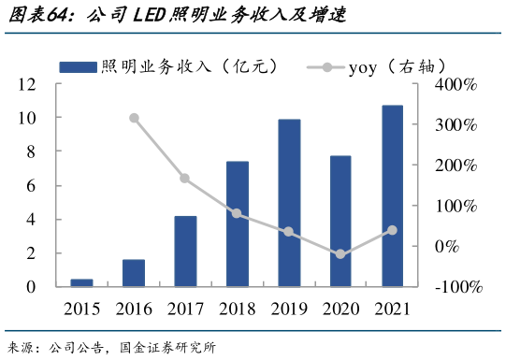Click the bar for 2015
[x=81, y=282]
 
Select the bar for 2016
[x=134, y=273]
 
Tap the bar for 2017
[x=185, y=252]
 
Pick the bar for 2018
[x=238, y=224]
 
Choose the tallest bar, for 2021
[x=393, y=196]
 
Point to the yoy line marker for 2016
[x=134, y=118]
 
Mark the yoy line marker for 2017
[x=185, y=179]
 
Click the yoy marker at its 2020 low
[x=340, y=254]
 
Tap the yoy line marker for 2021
[x=393, y=230]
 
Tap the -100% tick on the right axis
[x=457, y=287]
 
